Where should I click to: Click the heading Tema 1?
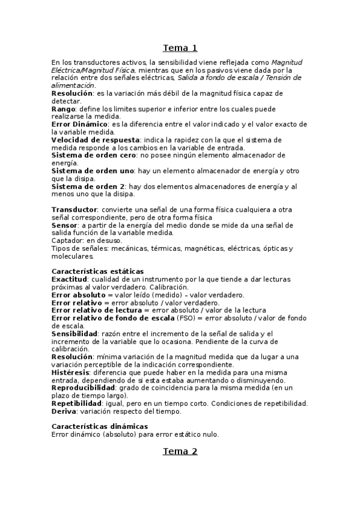tap(180, 48)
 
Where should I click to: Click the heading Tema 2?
tap(180, 452)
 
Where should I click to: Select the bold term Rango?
tap(63, 109)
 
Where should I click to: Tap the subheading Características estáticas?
tap(97, 272)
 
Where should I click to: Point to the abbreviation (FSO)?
tap(239, 318)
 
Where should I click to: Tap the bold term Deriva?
tap(64, 411)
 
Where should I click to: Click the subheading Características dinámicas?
tap(99, 426)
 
